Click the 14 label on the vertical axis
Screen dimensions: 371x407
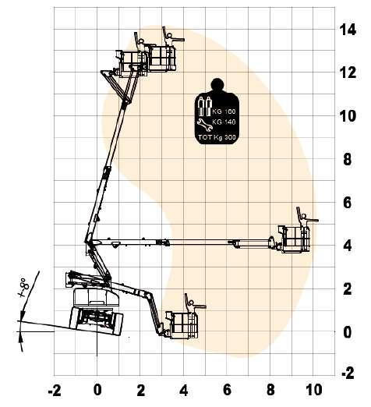tap(348, 30)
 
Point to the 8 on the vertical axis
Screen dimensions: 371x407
tap(348, 159)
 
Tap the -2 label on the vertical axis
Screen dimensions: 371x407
tap(348, 373)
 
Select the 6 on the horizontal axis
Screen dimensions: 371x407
tap(227, 390)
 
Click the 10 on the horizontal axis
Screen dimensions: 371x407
tap(313, 390)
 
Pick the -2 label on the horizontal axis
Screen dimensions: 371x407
tap(55, 391)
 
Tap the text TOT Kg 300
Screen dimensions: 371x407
tap(217, 137)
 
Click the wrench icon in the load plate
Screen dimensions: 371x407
tap(205, 125)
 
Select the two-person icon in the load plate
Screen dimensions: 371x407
tap(205, 106)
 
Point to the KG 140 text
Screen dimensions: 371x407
tap(224, 122)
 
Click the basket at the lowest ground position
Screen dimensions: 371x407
tap(182, 325)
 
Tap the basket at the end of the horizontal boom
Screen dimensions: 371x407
tap(295, 239)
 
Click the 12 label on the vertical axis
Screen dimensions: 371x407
tap(348, 73)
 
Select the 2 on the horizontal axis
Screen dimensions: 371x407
tap(141, 390)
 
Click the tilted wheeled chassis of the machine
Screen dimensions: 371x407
tap(96, 321)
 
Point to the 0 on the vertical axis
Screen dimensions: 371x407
tap(348, 332)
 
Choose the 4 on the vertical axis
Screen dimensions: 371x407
tap(348, 246)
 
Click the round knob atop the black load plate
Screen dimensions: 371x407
tap(217, 84)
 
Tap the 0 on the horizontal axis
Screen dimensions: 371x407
tap(97, 390)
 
